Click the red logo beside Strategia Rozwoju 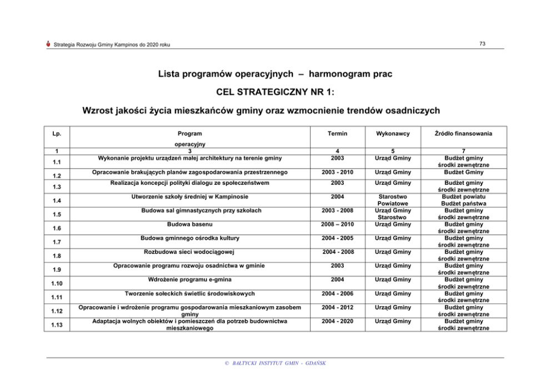coord(49,44)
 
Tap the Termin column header coord(337,133)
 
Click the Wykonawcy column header coord(393,133)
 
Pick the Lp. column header coord(57,133)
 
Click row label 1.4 coord(57,200)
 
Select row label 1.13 coord(57,325)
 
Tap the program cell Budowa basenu coord(190,224)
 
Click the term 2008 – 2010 coord(337,224)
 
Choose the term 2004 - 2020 coord(337,321)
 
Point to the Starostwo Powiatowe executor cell coord(393,200)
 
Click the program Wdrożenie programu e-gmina coord(190,280)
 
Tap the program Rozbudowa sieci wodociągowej coord(190,252)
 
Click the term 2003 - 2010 coord(337,172)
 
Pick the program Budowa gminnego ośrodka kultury coord(190,238)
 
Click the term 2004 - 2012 coord(337,307)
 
